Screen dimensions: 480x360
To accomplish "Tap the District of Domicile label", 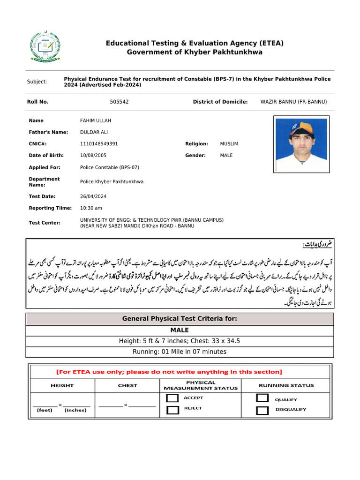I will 220,102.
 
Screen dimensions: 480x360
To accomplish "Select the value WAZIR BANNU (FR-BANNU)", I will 293,102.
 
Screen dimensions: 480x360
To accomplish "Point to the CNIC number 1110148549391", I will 99,144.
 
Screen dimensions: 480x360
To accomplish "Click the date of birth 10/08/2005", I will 92,155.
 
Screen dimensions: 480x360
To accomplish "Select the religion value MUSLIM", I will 229,144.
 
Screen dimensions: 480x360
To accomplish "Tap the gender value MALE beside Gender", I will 226,155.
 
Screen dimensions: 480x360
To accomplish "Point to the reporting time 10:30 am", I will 91,208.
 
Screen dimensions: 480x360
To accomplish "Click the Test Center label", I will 45,223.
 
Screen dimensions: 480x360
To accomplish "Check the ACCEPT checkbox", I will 173,398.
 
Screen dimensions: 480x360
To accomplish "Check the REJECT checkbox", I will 173,410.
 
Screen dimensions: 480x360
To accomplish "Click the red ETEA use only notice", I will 169,372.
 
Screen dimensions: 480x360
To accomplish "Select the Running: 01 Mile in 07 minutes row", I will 180,352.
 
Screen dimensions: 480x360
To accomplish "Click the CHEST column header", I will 127,385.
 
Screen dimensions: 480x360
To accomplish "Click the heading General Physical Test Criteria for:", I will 180,319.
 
